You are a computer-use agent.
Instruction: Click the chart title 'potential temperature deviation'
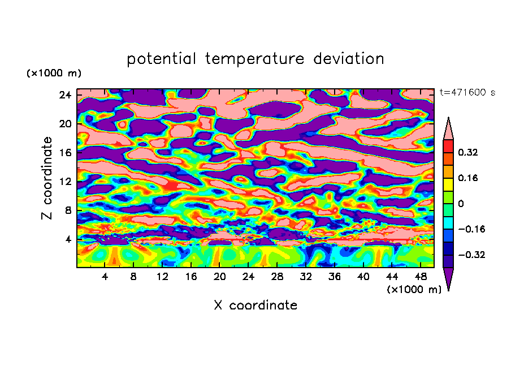[x=255, y=59]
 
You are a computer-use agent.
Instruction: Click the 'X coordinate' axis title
[x=255, y=306]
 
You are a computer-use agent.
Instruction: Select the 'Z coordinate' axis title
[x=47, y=178]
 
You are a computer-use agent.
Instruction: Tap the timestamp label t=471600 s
[x=467, y=93]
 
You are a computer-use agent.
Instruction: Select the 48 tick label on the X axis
[x=421, y=277]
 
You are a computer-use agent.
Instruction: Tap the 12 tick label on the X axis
[x=162, y=277]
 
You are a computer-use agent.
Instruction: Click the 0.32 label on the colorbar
[x=468, y=153]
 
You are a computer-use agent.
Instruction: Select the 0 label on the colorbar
[x=461, y=204]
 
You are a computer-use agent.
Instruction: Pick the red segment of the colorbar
[x=448, y=146]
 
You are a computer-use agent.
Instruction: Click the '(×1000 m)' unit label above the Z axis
[x=54, y=74]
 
